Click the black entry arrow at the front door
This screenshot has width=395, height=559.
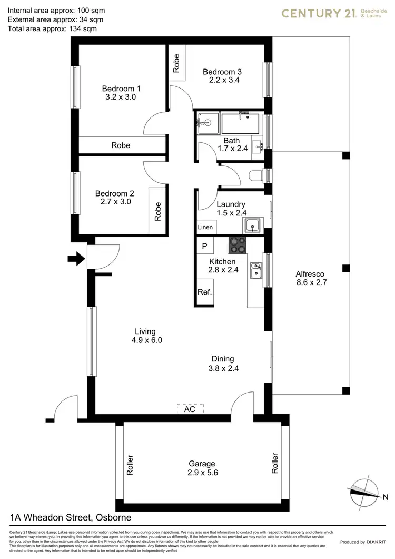click(x=77, y=259)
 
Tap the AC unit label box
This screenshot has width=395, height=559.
click(x=190, y=408)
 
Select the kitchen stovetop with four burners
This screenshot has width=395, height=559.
click(x=236, y=245)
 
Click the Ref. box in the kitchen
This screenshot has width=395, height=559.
click(x=204, y=292)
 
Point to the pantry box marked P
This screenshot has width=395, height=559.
click(x=204, y=246)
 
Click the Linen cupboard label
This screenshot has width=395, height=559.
click(x=205, y=228)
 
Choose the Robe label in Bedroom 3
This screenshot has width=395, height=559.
click(x=176, y=63)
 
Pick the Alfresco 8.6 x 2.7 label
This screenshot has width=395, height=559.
click(x=310, y=278)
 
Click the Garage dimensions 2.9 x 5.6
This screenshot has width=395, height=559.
click(x=202, y=473)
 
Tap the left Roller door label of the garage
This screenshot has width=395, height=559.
click(x=130, y=465)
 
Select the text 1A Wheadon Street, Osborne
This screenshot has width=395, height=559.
click(x=71, y=518)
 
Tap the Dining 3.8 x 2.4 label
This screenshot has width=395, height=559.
click(x=223, y=364)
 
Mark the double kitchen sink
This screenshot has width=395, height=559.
click(x=256, y=270)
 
